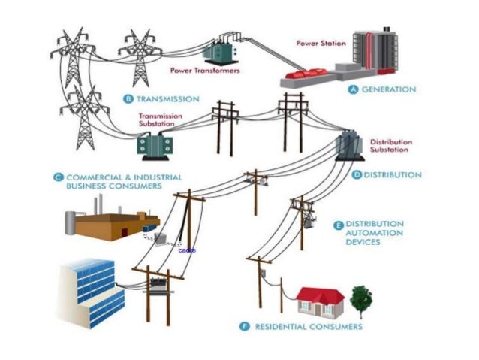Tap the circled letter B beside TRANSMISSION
click(x=127, y=98)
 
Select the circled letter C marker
click(x=58, y=177)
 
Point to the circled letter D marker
click(x=357, y=174)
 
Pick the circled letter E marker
click(x=338, y=224)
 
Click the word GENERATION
click(x=389, y=89)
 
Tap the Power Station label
click(x=321, y=43)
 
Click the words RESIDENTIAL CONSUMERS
click(x=309, y=327)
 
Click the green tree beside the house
click(x=361, y=298)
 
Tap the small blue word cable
click(x=188, y=250)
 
